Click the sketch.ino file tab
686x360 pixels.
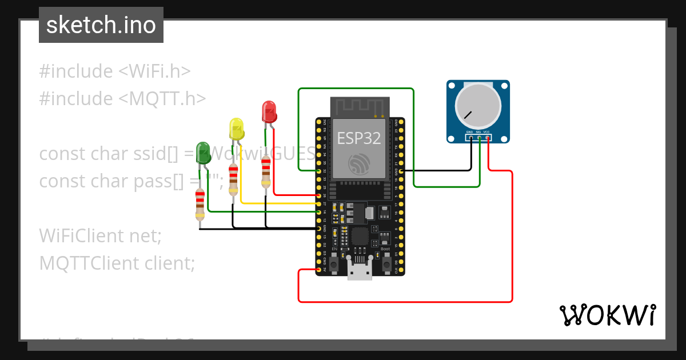[101, 25]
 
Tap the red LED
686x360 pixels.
[268, 111]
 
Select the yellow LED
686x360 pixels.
[237, 129]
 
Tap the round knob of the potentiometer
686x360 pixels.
[478, 107]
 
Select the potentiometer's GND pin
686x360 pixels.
[470, 138]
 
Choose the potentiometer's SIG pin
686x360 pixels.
[478, 138]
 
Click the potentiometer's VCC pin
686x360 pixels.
[487, 138]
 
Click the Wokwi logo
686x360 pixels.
[607, 315]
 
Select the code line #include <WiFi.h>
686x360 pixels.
[114, 71]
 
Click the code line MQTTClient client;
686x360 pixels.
[117, 263]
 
